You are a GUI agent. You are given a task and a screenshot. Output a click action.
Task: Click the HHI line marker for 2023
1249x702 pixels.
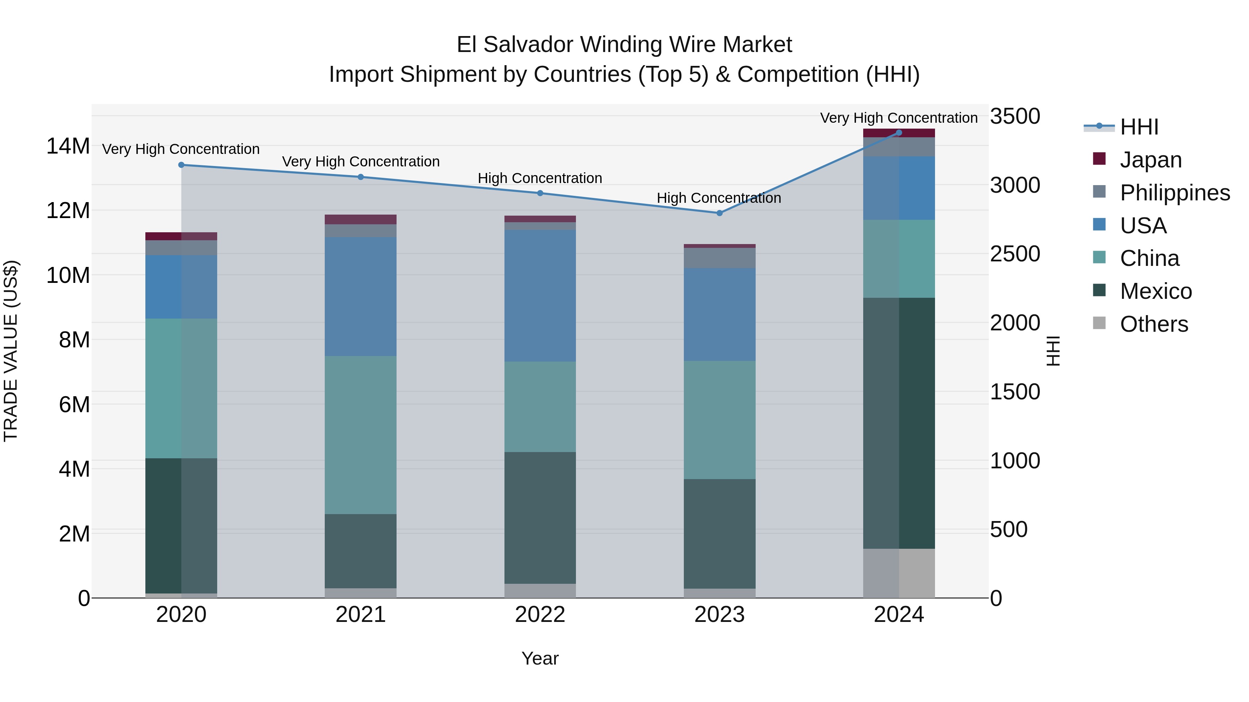(x=719, y=213)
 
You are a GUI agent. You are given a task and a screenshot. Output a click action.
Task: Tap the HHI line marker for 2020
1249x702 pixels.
(x=181, y=165)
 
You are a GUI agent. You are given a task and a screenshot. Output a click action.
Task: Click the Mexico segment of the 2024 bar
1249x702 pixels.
(x=899, y=423)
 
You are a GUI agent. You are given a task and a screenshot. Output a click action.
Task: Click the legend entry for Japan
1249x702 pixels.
(x=1150, y=159)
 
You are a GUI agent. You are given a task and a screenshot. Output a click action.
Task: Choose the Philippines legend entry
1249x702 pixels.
(x=1174, y=192)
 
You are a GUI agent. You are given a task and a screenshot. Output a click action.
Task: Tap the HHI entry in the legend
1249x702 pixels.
(x=1139, y=127)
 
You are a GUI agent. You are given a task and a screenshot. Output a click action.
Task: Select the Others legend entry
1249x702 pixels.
(x=1154, y=324)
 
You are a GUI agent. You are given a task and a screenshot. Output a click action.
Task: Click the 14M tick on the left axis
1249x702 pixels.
(x=68, y=146)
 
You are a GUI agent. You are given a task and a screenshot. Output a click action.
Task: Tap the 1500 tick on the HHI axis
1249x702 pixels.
(x=1015, y=391)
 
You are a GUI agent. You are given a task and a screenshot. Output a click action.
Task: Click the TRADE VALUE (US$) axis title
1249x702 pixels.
(x=11, y=351)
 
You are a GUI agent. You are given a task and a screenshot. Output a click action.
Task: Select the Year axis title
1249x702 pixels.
(x=539, y=658)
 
